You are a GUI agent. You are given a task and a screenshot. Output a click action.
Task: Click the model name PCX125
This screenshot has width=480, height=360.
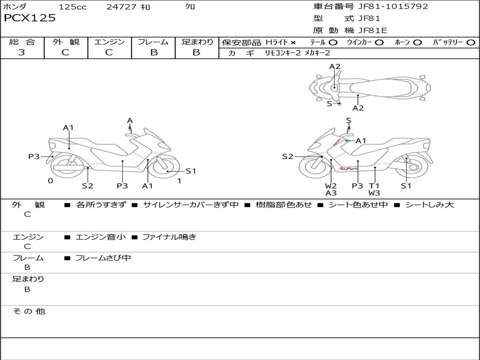(x=30, y=18)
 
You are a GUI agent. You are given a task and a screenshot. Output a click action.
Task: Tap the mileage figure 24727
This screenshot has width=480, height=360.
(x=121, y=7)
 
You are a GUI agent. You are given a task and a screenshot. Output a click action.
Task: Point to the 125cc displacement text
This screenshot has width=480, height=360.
(x=73, y=7)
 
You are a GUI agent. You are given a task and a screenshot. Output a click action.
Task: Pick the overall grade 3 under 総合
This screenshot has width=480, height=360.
(x=22, y=52)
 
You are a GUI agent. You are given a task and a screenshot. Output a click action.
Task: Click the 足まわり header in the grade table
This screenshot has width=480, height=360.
(x=197, y=42)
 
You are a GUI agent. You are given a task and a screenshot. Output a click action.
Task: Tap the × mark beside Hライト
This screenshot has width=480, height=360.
(x=293, y=43)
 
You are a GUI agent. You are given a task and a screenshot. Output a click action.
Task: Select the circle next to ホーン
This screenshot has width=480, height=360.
(x=417, y=43)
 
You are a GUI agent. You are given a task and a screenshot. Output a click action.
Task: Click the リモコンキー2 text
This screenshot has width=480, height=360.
(x=283, y=53)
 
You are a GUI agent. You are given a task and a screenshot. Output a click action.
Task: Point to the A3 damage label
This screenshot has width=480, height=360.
(x=331, y=193)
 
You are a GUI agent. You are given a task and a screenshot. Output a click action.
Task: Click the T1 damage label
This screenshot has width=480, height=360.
(x=374, y=186)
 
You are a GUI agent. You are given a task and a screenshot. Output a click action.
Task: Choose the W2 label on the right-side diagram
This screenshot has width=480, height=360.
(x=331, y=186)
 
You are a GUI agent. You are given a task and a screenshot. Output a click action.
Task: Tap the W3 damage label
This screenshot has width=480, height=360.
(x=374, y=193)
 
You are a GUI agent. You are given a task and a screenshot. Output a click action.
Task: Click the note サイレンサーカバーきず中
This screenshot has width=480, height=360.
(x=191, y=205)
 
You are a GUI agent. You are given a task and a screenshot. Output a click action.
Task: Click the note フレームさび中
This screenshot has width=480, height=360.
(x=103, y=258)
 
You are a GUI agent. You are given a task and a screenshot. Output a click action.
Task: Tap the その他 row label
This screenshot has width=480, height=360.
(x=29, y=311)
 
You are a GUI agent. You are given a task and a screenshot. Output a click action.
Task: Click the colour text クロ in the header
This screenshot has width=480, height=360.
(x=190, y=7)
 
